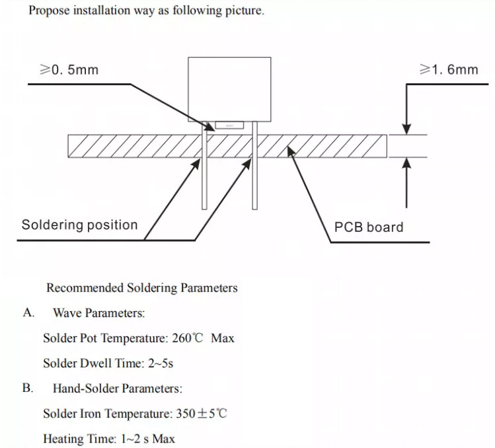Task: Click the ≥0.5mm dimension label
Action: (x=69, y=69)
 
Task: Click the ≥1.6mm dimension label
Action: (x=449, y=69)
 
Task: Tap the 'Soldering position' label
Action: (x=79, y=225)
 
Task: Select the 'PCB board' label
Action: (x=369, y=227)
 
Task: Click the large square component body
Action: (x=229, y=89)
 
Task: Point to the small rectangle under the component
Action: (x=229, y=126)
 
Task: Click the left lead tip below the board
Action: (x=205, y=208)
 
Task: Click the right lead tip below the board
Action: (x=254, y=208)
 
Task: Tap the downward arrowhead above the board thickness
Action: (x=407, y=129)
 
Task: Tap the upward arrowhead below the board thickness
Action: (x=407, y=163)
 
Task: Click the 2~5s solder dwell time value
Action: (x=161, y=363)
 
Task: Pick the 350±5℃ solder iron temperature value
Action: (x=201, y=414)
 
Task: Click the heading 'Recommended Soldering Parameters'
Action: (x=141, y=288)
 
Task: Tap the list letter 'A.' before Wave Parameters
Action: (x=28, y=313)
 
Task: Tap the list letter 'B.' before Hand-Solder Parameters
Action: (x=28, y=388)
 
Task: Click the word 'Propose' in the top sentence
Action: (x=49, y=11)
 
